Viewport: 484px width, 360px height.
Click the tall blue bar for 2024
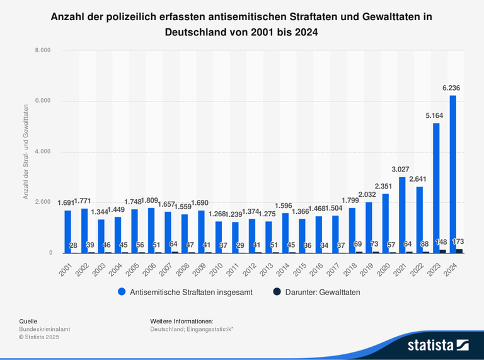click(x=453, y=173)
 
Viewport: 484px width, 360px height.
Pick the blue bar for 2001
click(x=67, y=231)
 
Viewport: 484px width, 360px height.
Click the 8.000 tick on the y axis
click(x=42, y=50)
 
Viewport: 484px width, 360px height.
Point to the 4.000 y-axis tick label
click(x=42, y=152)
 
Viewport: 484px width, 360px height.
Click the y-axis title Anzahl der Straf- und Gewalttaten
click(x=26, y=152)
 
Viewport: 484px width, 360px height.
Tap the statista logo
click(x=438, y=344)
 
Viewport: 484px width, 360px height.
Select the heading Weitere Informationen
click(x=181, y=321)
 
